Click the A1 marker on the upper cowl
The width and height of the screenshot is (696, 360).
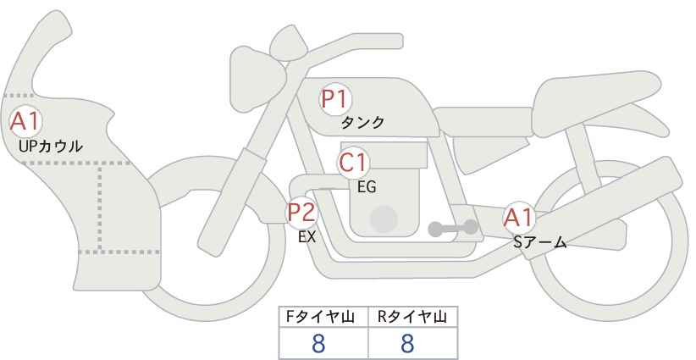[x=25, y=121]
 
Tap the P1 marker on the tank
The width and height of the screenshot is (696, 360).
[x=336, y=100]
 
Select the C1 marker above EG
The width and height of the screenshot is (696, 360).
[x=353, y=163]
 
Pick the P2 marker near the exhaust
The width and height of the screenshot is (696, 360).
[x=301, y=213]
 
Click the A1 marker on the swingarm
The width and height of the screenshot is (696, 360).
[x=518, y=219]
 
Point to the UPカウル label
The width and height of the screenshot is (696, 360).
[x=51, y=147]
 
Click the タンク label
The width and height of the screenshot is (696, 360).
[x=362, y=123]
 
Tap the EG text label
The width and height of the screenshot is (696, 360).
[x=367, y=187]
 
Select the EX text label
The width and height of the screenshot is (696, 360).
[x=307, y=237]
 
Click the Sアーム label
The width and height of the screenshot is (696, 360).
[x=539, y=242]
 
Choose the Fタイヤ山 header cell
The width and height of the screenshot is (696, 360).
[x=323, y=317]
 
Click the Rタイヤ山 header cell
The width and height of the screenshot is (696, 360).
[x=413, y=317]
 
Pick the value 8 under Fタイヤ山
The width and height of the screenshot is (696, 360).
[x=318, y=344]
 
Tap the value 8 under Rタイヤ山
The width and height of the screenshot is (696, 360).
[x=407, y=344]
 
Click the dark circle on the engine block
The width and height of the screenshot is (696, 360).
[x=384, y=219]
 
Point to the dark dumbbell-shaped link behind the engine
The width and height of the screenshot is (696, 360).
[x=453, y=228]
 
